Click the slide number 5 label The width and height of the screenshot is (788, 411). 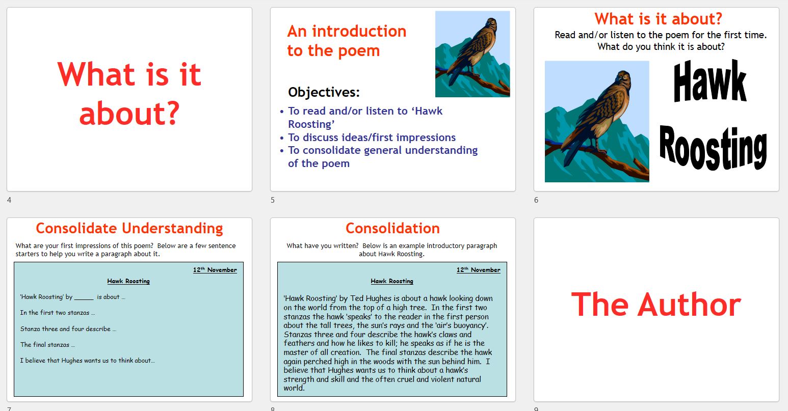[273, 200]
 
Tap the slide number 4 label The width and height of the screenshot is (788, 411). [9, 200]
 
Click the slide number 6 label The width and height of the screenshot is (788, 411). [536, 200]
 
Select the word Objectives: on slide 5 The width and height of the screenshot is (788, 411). [324, 92]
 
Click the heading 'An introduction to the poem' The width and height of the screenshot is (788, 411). [347, 41]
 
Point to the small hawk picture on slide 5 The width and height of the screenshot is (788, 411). [472, 54]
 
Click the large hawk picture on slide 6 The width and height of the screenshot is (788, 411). [597, 121]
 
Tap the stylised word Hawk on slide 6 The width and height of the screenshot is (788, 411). [710, 81]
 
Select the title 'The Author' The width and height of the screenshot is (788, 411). [656, 305]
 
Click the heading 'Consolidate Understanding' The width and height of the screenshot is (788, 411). [129, 228]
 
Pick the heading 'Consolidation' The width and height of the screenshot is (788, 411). [392, 228]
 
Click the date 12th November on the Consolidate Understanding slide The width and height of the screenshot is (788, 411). [215, 270]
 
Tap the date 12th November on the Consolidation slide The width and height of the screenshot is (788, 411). [478, 270]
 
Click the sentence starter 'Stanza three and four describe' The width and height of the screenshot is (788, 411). [68, 329]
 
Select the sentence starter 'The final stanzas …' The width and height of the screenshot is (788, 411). [47, 345]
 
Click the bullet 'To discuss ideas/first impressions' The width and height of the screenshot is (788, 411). [372, 138]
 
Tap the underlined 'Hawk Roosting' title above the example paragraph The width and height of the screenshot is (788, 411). [392, 281]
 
